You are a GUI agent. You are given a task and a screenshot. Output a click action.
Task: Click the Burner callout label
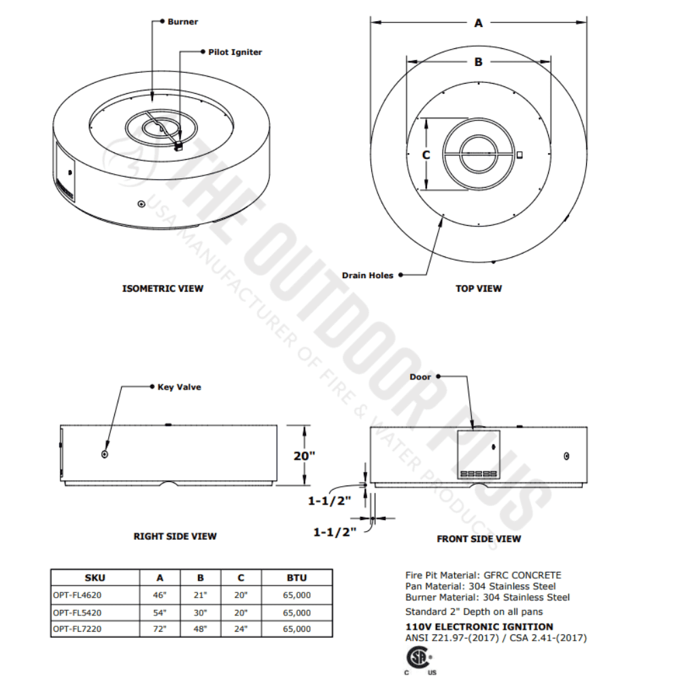click(x=182, y=22)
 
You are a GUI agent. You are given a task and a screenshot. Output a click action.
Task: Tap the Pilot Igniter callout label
click(x=235, y=52)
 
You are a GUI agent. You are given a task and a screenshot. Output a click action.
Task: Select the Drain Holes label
click(x=367, y=275)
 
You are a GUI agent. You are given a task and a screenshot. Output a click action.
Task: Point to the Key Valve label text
click(x=179, y=388)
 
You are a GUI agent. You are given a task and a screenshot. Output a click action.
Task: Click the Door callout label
click(x=420, y=377)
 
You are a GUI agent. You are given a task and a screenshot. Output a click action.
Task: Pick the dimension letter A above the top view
click(x=478, y=23)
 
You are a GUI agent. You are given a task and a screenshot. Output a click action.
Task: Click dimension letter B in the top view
click(x=478, y=62)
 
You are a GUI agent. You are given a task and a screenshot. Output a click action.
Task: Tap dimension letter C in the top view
click(x=426, y=155)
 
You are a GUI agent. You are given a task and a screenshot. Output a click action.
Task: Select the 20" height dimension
click(x=304, y=456)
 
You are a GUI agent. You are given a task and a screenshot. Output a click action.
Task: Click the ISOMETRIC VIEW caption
click(x=163, y=288)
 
